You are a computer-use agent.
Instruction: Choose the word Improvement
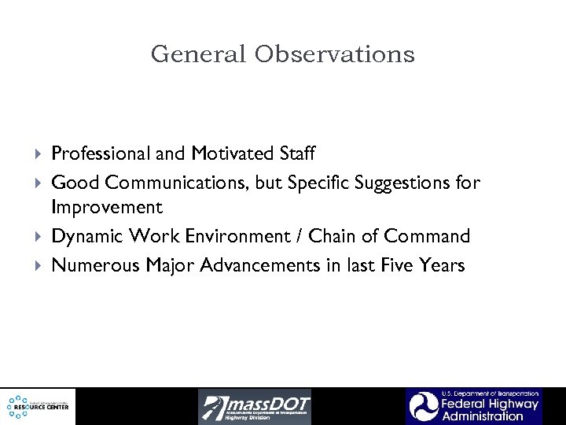(x=107, y=209)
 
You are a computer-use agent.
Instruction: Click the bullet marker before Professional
(x=40, y=153)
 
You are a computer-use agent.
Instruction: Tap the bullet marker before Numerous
(x=40, y=266)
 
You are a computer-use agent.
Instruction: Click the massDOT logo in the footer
(x=255, y=406)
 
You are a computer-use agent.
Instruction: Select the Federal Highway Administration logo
(x=473, y=406)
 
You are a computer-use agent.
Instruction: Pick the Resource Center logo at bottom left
(x=39, y=406)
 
